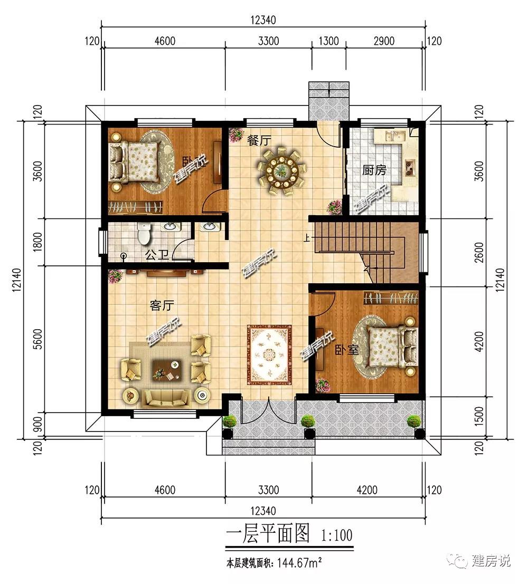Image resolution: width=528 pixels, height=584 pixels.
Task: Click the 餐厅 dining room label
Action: [259, 141]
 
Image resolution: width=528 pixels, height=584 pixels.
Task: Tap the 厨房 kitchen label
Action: [374, 170]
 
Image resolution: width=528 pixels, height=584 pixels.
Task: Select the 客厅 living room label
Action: [162, 305]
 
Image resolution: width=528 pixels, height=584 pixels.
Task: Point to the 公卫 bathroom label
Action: [157, 255]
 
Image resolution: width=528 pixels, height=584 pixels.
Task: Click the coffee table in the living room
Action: [167, 370]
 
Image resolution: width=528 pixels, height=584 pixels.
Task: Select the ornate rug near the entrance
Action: [269, 355]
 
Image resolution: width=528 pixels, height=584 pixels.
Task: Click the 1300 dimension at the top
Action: [328, 41]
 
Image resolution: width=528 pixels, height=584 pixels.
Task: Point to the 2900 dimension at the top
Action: [384, 41]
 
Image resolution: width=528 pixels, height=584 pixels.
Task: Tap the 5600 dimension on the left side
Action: [37, 339]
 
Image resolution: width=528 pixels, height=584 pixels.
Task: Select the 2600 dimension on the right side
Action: [479, 252]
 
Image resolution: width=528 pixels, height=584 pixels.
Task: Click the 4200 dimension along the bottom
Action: [367, 490]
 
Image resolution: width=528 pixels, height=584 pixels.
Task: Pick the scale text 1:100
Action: [336, 535]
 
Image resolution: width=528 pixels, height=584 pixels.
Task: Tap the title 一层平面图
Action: [268, 533]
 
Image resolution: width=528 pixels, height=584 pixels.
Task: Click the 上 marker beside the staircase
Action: [307, 237]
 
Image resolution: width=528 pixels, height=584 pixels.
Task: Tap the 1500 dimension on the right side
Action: [479, 416]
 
